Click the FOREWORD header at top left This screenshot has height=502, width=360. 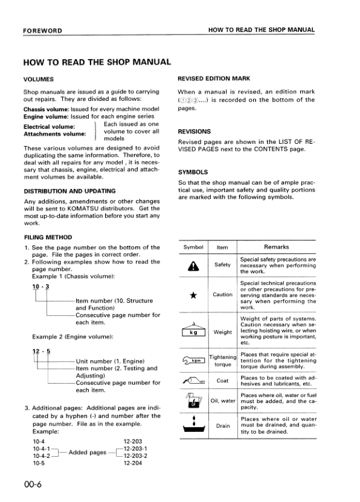point(43,30)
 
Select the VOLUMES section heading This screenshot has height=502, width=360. point(39,79)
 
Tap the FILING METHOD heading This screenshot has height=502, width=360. point(48,237)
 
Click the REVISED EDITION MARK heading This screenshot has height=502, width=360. point(214,79)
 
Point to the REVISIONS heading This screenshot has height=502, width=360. point(195,131)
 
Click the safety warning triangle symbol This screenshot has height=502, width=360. point(193,266)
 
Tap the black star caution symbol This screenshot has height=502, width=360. point(193,295)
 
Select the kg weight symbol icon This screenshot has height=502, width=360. point(193,331)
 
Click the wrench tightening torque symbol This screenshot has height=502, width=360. point(193,361)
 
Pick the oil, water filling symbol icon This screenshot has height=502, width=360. point(193,400)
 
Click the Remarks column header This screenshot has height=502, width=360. point(277,247)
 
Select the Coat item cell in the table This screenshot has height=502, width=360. point(222,381)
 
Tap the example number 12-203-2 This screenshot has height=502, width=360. point(135,456)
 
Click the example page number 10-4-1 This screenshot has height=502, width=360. point(41,449)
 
